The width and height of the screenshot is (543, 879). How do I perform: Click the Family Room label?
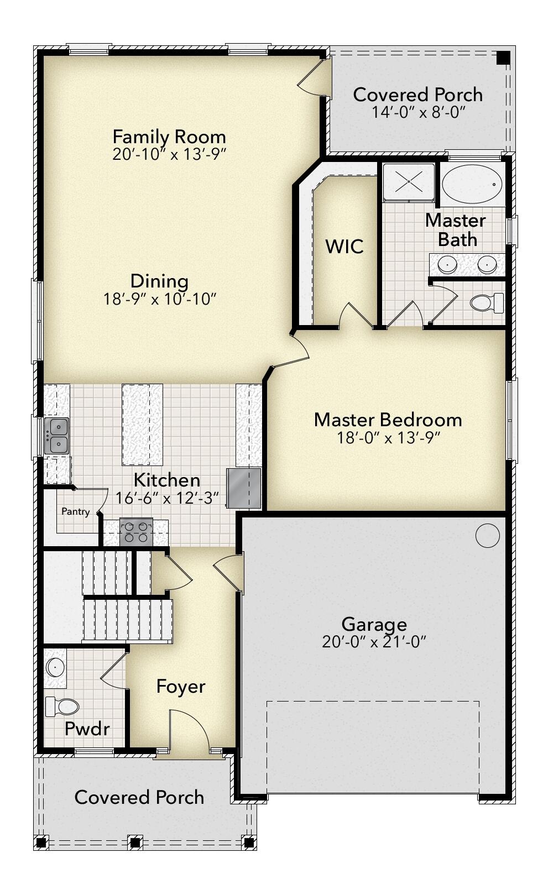(169, 136)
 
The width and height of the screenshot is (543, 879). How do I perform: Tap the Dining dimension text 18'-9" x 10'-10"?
(159, 299)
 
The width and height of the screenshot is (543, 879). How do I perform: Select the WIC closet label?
(344, 246)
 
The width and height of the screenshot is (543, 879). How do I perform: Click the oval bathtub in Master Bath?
(472, 184)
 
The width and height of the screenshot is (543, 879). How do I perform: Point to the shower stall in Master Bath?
(409, 180)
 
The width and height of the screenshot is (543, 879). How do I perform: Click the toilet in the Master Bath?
(485, 302)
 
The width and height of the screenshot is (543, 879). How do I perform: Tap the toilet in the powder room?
(62, 706)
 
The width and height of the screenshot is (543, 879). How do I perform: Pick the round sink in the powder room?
(56, 667)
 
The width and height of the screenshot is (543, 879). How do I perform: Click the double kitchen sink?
(56, 436)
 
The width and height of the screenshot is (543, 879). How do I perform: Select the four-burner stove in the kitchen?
(136, 532)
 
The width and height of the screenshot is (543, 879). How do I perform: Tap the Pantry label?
(75, 511)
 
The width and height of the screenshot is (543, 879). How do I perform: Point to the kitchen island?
(142, 425)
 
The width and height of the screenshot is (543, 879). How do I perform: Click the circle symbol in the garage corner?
(487, 535)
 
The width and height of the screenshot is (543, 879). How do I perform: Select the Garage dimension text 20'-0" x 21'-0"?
(374, 642)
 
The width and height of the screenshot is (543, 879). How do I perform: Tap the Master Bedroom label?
(388, 420)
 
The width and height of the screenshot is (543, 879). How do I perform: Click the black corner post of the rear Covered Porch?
(503, 58)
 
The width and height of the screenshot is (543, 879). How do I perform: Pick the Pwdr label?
(87, 728)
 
